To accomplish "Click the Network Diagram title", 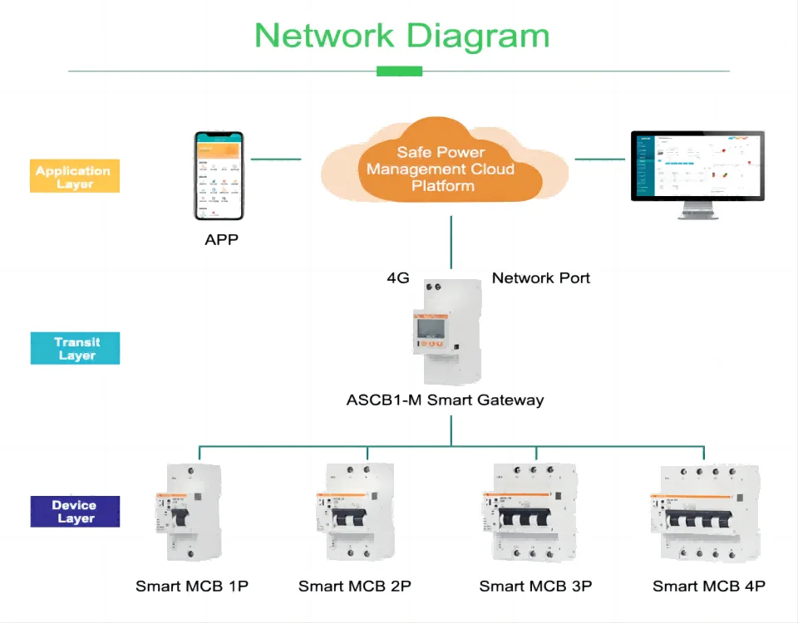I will [x=401, y=36].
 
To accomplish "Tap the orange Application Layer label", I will [x=74, y=176].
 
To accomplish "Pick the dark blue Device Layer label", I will [x=74, y=512].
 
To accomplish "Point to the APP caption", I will [x=221, y=241].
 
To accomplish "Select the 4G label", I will [x=398, y=278].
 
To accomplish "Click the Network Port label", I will [x=541, y=278].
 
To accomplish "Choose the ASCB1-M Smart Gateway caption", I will [x=445, y=400].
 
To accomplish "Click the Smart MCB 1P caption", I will [x=192, y=586].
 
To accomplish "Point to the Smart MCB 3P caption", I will [x=535, y=586].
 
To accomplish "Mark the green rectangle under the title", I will [x=399, y=71].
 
